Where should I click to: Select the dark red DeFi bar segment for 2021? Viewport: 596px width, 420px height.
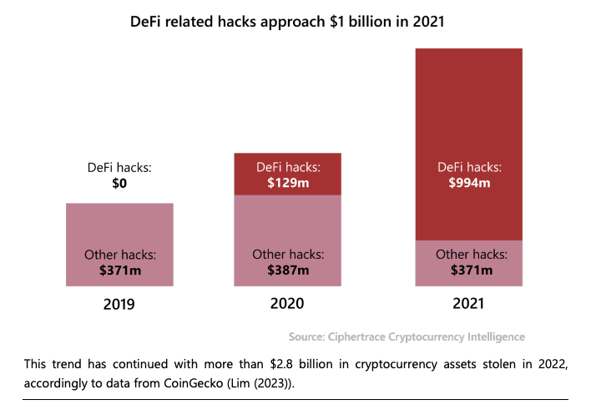pyautogui.click(x=468, y=109)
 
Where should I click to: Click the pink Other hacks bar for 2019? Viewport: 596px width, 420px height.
pyautogui.click(x=119, y=225)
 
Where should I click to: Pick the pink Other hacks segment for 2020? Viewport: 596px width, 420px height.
pyautogui.click(x=288, y=219)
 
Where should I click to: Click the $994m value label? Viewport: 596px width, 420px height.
pyautogui.click(x=468, y=184)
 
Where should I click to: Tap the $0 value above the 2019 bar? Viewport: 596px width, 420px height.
pyautogui.click(x=119, y=183)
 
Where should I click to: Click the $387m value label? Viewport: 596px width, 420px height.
pyautogui.click(x=288, y=270)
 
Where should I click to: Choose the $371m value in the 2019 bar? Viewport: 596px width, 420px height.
pyautogui.click(x=119, y=270)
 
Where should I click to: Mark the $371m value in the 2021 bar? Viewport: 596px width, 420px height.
pyautogui.click(x=468, y=270)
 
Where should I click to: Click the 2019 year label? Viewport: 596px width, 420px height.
pyautogui.click(x=119, y=304)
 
